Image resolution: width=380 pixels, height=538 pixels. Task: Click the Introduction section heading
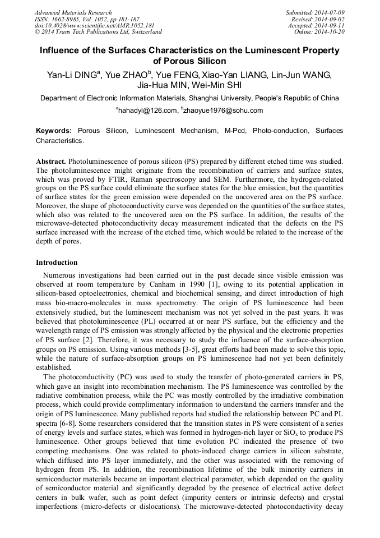pyautogui.click(x=57, y=263)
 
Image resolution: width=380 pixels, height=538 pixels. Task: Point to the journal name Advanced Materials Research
pyautogui.click(x=73, y=12)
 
